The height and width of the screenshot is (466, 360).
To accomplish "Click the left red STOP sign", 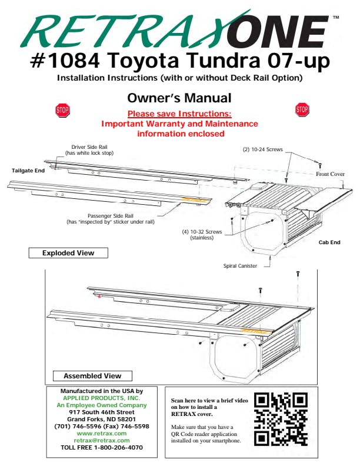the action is click(62, 110).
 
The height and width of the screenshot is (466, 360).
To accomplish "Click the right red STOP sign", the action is click(302, 109).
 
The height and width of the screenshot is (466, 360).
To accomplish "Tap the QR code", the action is click(281, 419).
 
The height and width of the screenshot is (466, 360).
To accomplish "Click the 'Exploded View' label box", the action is click(68, 253).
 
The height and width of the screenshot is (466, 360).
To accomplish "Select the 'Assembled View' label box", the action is click(92, 376).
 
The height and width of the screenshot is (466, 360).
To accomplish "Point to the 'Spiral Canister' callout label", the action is click(240, 266).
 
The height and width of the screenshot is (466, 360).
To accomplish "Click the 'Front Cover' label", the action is click(330, 174).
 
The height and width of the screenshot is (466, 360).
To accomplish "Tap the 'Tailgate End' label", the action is click(28, 171).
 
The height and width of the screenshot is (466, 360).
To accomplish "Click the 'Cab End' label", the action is click(329, 242).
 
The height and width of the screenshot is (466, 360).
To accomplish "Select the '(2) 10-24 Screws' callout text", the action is click(262, 149).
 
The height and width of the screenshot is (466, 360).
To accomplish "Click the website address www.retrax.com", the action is click(102, 433).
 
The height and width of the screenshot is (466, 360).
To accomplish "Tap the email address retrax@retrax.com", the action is click(102, 441).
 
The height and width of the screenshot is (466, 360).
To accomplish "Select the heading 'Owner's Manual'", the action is click(179, 98).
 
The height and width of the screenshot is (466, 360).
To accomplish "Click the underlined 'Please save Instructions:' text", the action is click(179, 114).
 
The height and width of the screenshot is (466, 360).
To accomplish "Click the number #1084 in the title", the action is click(65, 61).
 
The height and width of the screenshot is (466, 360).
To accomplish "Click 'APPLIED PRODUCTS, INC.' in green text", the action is click(101, 398).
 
